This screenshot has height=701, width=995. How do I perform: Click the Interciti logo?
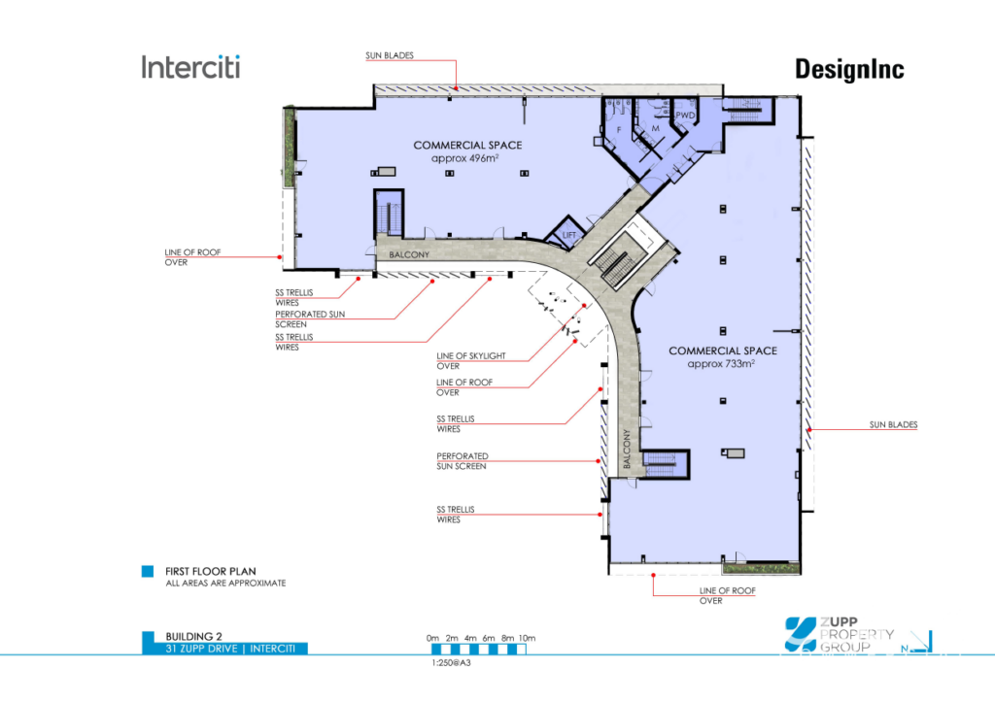191,67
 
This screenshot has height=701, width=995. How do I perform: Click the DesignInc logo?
849,69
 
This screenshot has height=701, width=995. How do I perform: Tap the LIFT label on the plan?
569,235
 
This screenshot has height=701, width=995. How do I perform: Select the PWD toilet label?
685,116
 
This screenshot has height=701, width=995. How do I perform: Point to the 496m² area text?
464,158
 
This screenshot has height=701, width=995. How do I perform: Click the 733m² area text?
721,364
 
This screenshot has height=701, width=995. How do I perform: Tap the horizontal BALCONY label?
409,254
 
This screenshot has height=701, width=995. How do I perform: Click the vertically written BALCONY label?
627,449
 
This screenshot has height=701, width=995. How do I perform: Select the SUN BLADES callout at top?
390,55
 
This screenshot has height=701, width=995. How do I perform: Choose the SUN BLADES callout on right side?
894,424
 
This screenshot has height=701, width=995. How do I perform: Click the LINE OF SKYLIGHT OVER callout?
471,360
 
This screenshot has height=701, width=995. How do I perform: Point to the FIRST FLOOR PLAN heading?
211,571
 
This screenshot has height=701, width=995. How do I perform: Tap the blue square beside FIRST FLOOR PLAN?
148,571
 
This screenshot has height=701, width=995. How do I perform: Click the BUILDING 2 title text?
193,636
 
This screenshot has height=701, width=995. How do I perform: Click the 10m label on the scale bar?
528,638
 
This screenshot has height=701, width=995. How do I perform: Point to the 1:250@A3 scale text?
451,663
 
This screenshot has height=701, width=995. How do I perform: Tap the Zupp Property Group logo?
839,634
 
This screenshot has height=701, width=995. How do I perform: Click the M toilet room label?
656,129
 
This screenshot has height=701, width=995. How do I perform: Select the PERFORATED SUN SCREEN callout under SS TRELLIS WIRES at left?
310,318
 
